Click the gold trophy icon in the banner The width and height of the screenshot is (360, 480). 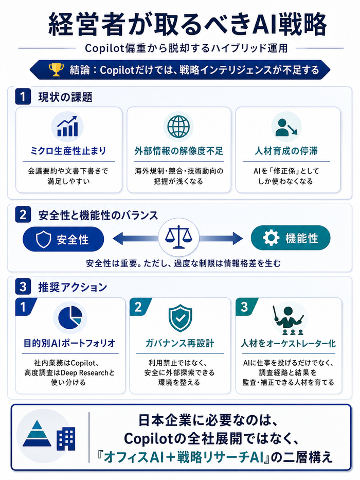tap(57, 70)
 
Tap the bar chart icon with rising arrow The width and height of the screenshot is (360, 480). tap(67, 126)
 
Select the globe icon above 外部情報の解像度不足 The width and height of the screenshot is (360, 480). tap(178, 126)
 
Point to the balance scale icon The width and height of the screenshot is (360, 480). tap(178, 237)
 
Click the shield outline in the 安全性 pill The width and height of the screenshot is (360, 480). tap(44, 239)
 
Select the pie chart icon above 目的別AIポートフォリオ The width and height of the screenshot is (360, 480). tap(70, 317)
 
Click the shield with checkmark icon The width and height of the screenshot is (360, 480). tap(181, 318)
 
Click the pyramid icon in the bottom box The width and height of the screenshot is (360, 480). tap(37, 434)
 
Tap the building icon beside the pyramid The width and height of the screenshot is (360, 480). tap(65, 439)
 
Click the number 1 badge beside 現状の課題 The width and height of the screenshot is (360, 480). tap(23, 97)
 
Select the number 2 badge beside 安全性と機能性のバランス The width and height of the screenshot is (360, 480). tap(23, 215)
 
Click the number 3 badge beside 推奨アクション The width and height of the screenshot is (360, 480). tap(23, 287)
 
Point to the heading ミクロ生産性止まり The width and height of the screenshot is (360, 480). tap(68, 151)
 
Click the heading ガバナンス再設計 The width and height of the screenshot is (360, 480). tap(179, 343)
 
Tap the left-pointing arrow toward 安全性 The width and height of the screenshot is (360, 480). tap(136, 238)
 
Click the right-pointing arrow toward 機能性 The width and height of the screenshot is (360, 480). tap(221, 238)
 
